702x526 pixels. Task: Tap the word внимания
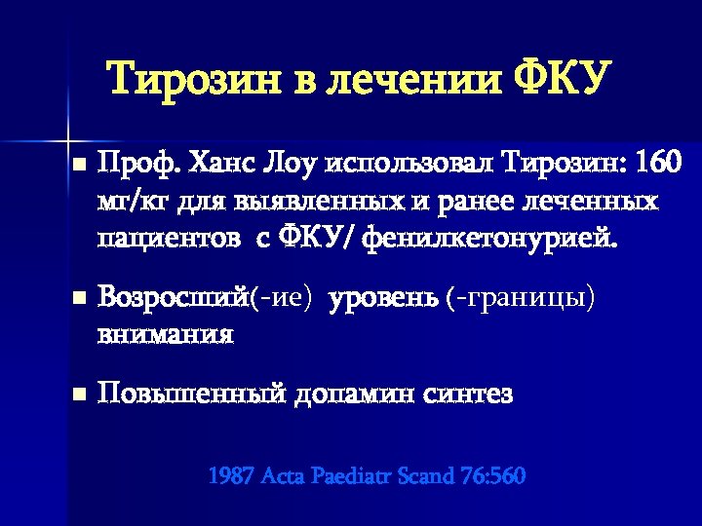tap(165, 334)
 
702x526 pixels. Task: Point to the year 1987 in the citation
tap(230, 476)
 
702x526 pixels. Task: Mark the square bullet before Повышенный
tap(79, 395)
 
